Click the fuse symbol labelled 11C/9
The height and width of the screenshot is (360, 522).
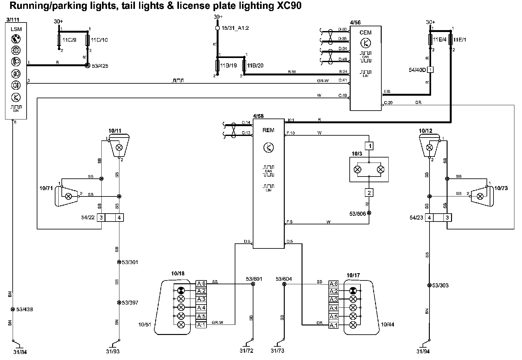tap(59, 40)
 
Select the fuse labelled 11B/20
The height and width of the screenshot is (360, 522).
tap(244, 66)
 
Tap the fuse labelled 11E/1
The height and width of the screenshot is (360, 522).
tap(451, 40)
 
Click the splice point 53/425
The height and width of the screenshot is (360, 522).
tap(87, 66)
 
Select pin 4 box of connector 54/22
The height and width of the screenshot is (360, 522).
tap(119, 218)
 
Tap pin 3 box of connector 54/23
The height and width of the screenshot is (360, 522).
tap(447, 218)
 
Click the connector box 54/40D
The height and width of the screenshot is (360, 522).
tap(430, 70)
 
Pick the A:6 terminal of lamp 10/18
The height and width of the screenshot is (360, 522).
tap(201, 284)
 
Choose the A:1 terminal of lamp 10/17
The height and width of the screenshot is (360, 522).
tap(334, 325)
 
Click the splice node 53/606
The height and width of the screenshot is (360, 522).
tap(369, 213)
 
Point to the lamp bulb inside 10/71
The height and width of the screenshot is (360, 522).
tap(68, 196)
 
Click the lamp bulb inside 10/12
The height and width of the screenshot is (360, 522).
tap(430, 147)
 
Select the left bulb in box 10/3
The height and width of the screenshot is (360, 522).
tap(358, 170)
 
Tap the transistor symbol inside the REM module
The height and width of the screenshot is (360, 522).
tap(269, 147)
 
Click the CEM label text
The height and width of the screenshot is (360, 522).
tap(366, 33)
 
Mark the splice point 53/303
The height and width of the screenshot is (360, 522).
tap(429, 285)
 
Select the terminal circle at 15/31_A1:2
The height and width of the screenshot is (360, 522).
tap(217, 28)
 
